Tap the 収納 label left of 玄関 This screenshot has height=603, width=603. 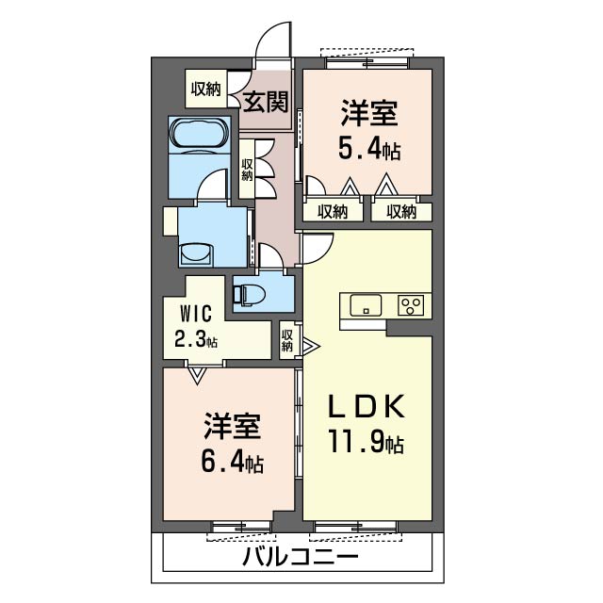[x=205, y=90]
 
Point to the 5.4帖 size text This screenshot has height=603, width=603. [x=368, y=148]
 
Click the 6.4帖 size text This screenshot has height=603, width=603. [x=232, y=463]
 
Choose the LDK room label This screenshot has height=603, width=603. [x=367, y=408]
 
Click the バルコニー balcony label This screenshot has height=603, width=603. [x=300, y=557]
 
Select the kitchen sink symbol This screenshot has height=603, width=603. [x=366, y=305]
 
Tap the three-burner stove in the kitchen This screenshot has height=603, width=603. [x=412, y=305]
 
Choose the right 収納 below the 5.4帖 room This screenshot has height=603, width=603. [x=400, y=212]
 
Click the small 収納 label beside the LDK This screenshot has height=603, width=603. [x=287, y=340]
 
